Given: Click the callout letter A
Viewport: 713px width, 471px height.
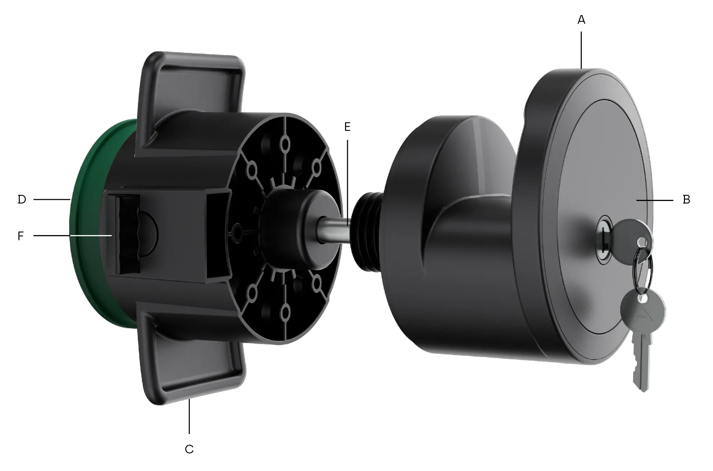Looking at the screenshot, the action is (581, 20).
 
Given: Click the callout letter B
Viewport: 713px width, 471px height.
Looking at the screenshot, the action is (686, 200).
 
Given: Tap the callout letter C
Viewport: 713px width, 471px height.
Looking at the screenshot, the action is (189, 449).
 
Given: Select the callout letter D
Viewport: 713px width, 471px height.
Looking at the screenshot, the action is (22, 200).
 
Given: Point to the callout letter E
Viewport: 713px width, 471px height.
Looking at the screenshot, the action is (347, 127).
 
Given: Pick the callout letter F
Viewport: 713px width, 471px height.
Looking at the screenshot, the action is (21, 236).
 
